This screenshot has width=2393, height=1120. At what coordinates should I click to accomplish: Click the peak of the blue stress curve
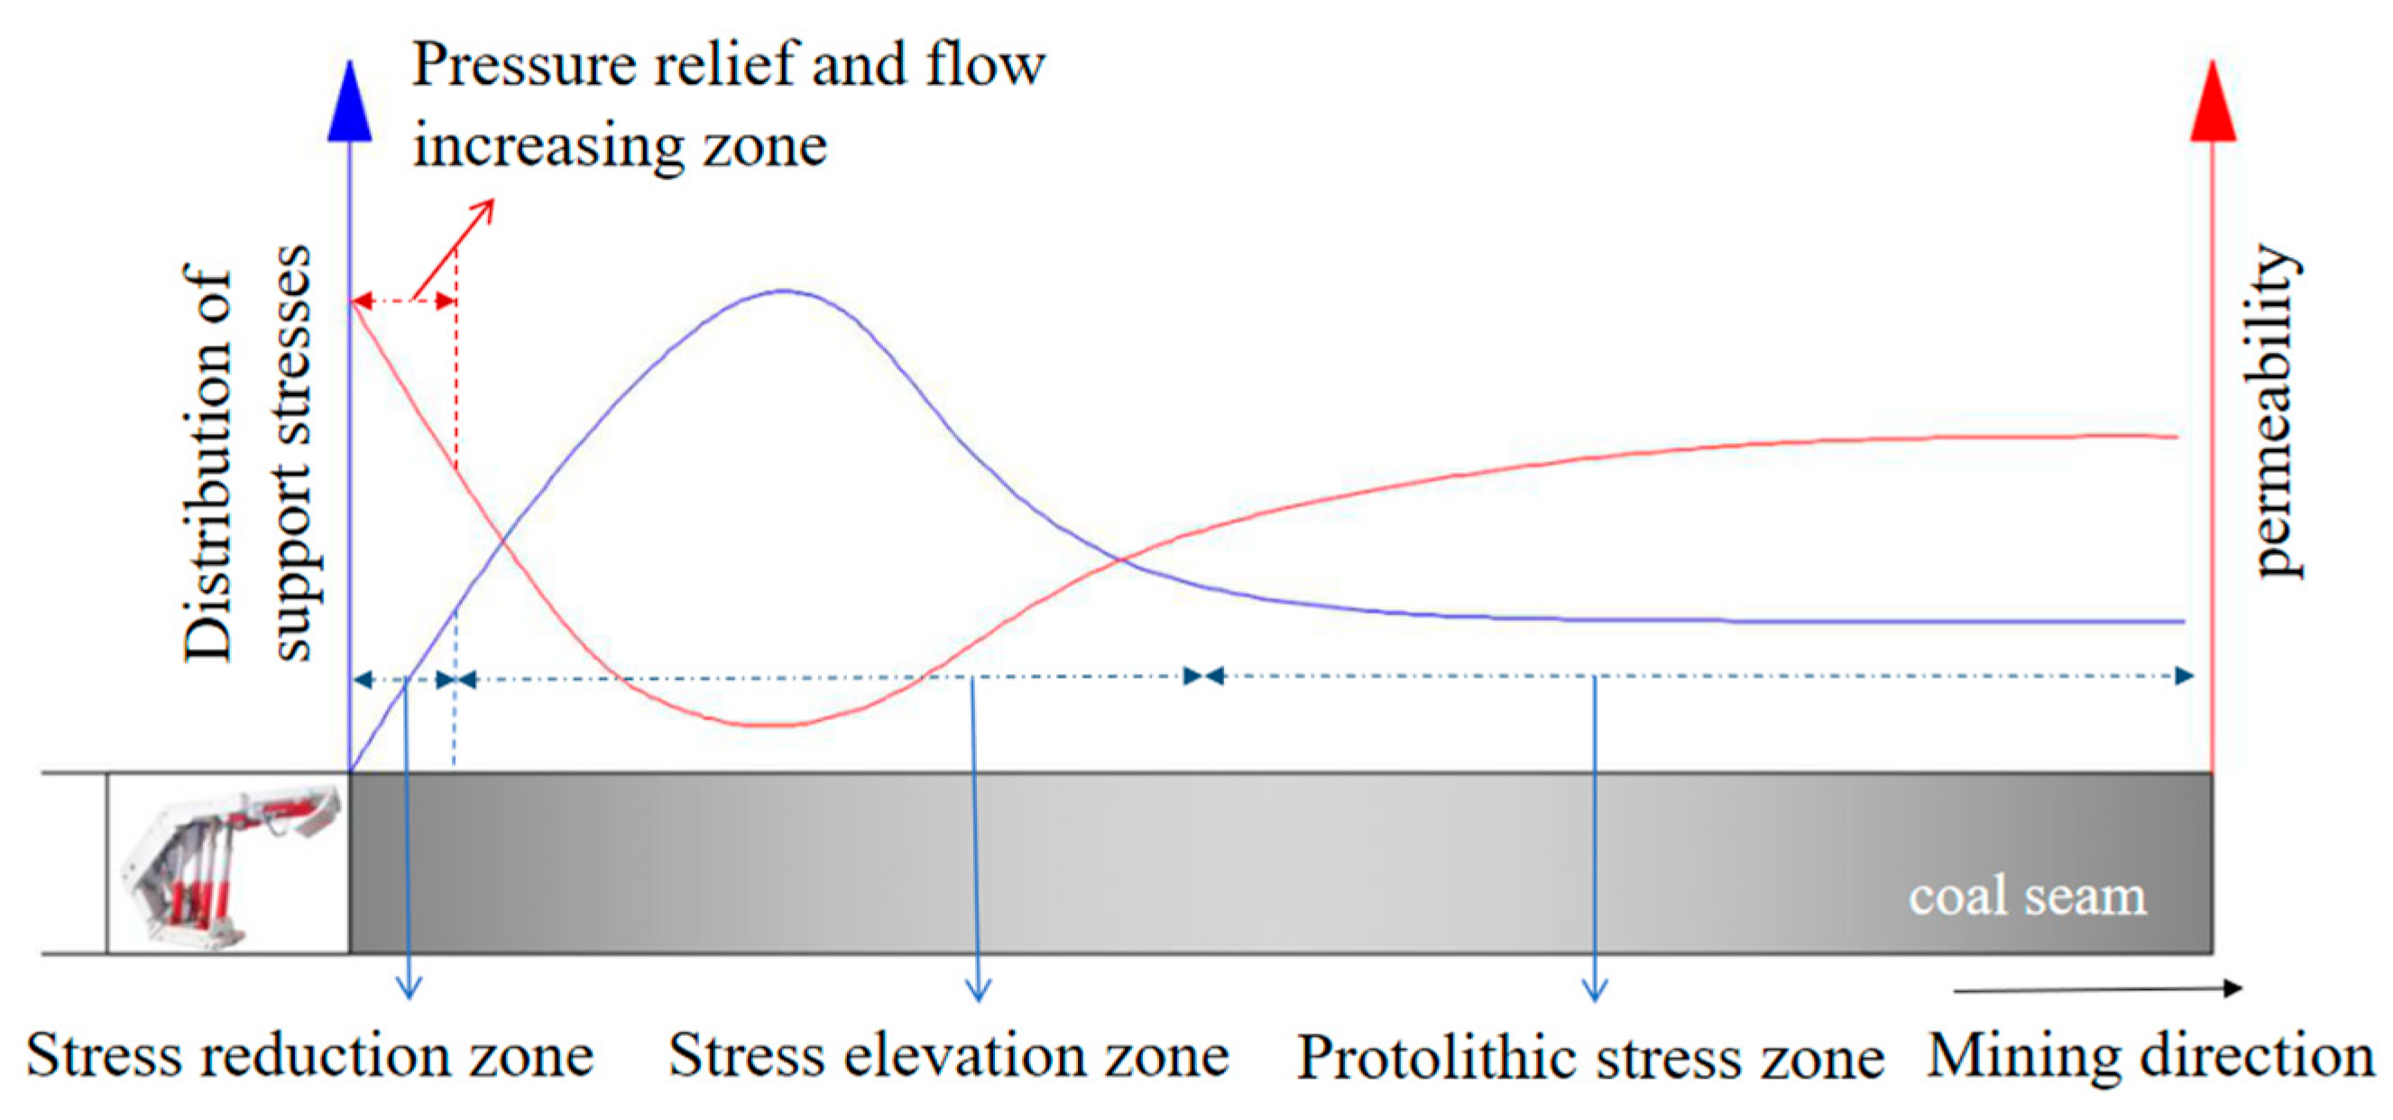point(785,291)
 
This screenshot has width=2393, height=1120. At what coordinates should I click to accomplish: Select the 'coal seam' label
point(2027,896)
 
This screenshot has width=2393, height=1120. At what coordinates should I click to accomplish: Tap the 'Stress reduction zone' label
point(309,1056)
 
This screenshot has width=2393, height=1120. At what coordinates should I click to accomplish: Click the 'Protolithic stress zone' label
point(1589,1058)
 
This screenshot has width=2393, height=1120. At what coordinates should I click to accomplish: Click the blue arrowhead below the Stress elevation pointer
point(978,992)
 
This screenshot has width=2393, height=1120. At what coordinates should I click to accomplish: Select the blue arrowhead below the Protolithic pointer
point(1595,992)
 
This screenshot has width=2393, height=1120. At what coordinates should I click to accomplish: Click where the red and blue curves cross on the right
point(1122,559)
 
